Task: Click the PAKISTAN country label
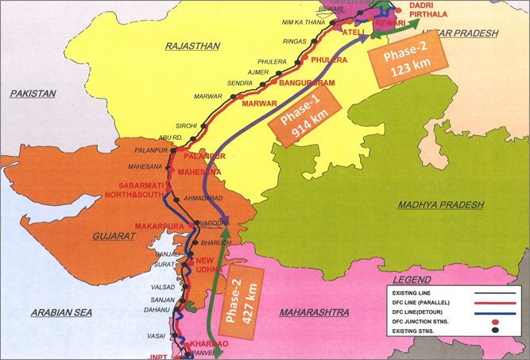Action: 33,94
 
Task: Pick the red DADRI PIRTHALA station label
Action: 430,9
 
